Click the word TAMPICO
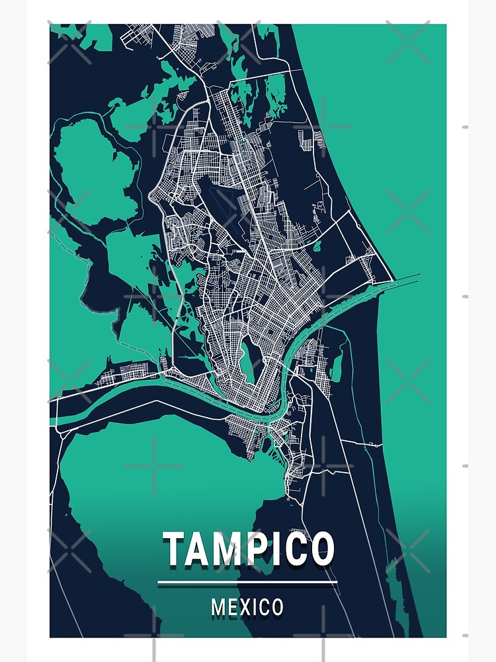(x=248, y=549)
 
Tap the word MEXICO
(x=247, y=606)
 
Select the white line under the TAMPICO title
(x=247, y=583)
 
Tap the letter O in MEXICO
(x=276, y=606)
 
